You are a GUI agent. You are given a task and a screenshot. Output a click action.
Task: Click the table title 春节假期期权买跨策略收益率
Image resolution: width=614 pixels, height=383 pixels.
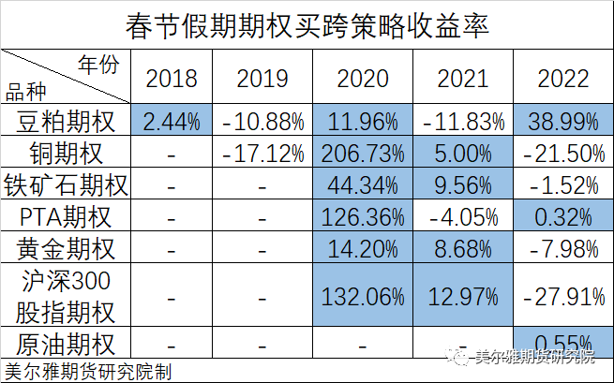[x=307, y=22]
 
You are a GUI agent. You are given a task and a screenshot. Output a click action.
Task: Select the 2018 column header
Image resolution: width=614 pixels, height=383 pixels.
[x=172, y=78]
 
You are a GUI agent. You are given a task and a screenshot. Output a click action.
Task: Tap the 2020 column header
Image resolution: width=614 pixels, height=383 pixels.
[x=363, y=78]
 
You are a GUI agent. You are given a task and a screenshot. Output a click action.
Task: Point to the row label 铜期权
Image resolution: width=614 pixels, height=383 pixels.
[x=66, y=153]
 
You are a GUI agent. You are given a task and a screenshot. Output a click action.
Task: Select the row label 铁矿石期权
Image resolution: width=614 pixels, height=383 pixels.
[x=66, y=185]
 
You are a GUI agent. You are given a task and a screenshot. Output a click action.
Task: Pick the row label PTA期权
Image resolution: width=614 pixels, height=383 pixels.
[x=66, y=217]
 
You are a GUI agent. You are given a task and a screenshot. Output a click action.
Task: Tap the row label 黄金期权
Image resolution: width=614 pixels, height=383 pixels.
[x=66, y=249]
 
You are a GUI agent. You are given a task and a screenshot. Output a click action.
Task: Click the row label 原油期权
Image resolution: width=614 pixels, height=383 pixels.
[x=66, y=342]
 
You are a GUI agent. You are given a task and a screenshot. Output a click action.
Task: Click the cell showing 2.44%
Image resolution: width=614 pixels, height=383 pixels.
[x=172, y=121]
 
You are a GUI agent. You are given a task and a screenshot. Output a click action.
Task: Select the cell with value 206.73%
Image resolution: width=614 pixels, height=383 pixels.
[x=363, y=153]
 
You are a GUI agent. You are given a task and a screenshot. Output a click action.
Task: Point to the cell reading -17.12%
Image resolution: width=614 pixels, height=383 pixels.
[x=263, y=153]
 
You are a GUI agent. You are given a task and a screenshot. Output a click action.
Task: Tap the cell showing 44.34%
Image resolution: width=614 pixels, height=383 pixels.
[x=363, y=185]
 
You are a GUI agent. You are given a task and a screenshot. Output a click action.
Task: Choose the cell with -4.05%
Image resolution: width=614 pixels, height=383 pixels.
[x=463, y=217]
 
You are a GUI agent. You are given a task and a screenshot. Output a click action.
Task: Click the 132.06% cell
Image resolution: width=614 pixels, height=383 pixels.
[x=363, y=296]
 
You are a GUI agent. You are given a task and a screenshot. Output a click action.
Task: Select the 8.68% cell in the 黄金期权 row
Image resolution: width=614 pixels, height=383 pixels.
[x=463, y=249]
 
